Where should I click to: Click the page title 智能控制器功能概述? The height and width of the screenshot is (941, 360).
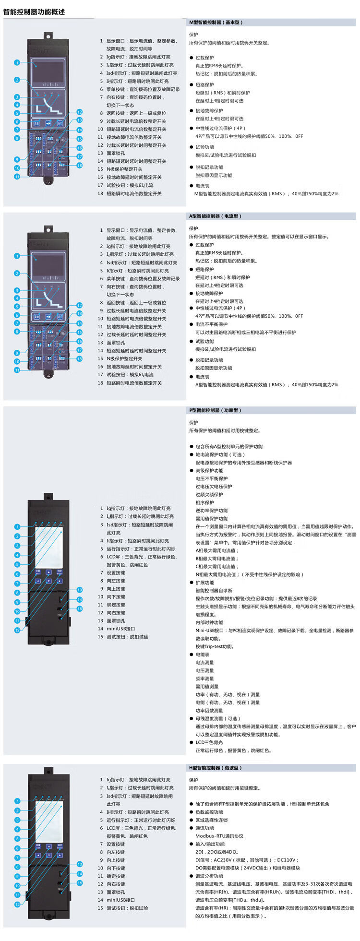pyautogui.click(x=34, y=12)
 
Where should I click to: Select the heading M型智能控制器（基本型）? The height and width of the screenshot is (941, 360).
pyautogui.click(x=216, y=23)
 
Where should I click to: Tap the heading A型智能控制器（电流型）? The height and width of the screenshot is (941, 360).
pyautogui.click(x=216, y=216)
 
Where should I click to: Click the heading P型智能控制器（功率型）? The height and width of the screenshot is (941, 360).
pyautogui.click(x=216, y=410)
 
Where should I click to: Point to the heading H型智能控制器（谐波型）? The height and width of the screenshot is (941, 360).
pyautogui.click(x=216, y=768)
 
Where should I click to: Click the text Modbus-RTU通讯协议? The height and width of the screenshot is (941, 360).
pyautogui.click(x=219, y=836)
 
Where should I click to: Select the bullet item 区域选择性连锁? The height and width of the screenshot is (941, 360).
pyautogui.click(x=212, y=820)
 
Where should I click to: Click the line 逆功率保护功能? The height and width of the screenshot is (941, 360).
pyautogui.click(x=212, y=511)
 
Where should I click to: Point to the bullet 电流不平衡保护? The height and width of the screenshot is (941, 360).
pyautogui.click(x=212, y=324)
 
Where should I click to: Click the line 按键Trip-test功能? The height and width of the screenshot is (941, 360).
pyautogui.click(x=215, y=646)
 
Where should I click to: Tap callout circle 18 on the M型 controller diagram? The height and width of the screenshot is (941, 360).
pyautogui.click(x=80, y=165)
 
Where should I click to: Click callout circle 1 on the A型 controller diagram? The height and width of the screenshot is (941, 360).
pyautogui.click(x=17, y=256)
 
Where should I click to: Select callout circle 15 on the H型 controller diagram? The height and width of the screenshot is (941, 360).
pyautogui.click(x=80, y=883)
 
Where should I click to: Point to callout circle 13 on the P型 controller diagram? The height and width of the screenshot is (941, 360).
pyautogui.click(x=80, y=590)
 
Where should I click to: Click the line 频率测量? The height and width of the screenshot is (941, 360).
pyautogui.click(x=205, y=679)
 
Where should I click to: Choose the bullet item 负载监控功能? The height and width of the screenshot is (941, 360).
pyautogui.click(x=209, y=812)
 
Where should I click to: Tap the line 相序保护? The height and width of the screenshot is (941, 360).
pyautogui.click(x=205, y=502)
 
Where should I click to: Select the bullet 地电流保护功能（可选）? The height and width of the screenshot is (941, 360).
pyautogui.click(x=220, y=454)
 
